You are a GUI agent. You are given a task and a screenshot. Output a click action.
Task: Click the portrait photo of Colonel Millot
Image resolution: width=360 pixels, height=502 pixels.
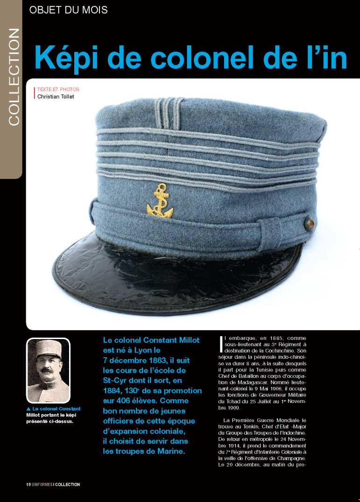pyautogui.click(x=48, y=370)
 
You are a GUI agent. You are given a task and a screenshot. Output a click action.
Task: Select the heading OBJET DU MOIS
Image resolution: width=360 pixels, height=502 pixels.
pyautogui.click(x=68, y=9)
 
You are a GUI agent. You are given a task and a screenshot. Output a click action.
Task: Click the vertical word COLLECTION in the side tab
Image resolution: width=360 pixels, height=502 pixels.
pyautogui.click(x=14, y=77)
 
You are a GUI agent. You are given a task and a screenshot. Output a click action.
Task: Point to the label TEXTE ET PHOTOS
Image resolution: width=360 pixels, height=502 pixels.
pyautogui.click(x=58, y=89)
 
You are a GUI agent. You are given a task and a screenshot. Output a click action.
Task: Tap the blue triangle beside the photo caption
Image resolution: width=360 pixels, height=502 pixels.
pyautogui.click(x=29, y=409)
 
